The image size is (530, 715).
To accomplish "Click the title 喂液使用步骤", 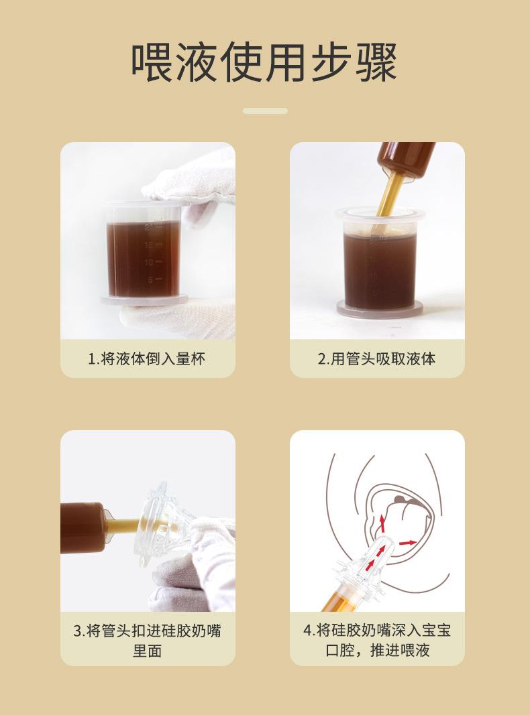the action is (264, 62).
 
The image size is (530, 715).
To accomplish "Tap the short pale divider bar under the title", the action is (265, 111).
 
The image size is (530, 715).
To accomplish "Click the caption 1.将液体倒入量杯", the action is (146, 359).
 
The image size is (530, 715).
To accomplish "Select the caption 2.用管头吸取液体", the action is (376, 359).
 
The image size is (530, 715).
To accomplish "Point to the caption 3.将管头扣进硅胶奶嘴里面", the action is (148, 641).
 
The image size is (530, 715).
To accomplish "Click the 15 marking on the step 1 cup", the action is (152, 245).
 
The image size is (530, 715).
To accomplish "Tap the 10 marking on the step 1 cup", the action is (152, 262).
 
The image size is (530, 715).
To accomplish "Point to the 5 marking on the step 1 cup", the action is (155, 279).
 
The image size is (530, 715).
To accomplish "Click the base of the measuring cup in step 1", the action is (145, 300).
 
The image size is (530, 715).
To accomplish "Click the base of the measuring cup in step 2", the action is (380, 309).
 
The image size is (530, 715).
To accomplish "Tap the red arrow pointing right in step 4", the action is (408, 543).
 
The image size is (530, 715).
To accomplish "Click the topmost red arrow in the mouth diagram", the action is (382, 520).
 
